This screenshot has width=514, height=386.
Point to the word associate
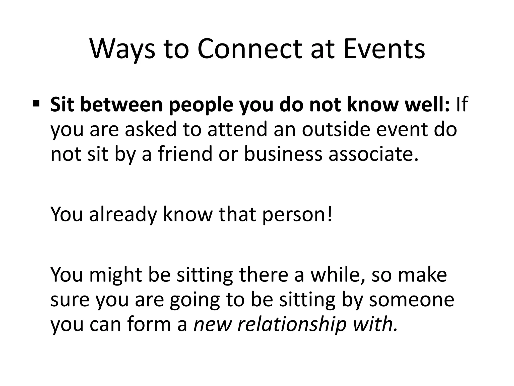tap(374, 154)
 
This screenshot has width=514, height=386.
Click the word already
tap(123, 215)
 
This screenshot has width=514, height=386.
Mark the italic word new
tap(212, 324)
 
